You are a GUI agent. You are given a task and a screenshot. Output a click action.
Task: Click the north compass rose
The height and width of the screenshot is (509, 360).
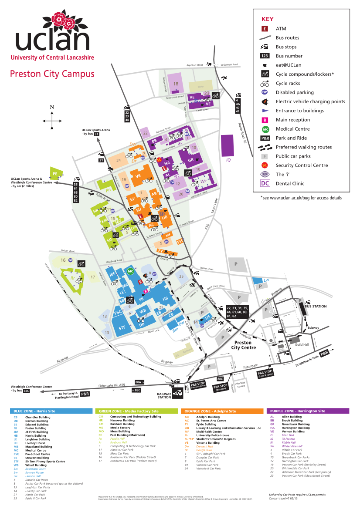pos(52,119)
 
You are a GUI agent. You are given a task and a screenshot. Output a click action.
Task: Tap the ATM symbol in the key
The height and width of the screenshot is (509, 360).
pos(265,29)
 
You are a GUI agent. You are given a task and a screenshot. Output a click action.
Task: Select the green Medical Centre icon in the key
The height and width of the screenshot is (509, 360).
pos(265,129)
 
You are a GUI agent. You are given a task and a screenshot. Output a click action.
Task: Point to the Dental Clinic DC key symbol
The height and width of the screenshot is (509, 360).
pos(265,183)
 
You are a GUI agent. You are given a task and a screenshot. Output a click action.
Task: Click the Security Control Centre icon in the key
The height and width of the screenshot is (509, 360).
pos(265,165)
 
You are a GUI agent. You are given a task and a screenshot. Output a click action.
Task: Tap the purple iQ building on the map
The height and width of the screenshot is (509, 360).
pos(228,146)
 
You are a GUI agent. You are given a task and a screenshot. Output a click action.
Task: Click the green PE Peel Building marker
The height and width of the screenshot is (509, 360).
pos(55,173)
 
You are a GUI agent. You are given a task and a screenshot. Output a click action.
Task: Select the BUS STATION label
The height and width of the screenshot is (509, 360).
pos(315,307)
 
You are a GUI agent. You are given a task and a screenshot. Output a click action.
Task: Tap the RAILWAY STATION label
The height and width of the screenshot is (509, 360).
pos(164,395)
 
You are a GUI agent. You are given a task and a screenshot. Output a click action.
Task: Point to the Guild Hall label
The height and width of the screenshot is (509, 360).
pos(302,344)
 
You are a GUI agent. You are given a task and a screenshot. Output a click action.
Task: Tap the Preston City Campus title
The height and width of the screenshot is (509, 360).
pos(52,74)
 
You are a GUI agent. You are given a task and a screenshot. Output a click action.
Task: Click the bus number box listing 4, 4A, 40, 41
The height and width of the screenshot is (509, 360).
pos(238,103)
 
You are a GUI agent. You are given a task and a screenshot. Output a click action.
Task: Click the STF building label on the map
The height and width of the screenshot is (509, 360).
pos(122,327)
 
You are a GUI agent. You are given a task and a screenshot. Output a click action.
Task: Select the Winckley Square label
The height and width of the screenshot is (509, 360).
pos(240,385)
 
